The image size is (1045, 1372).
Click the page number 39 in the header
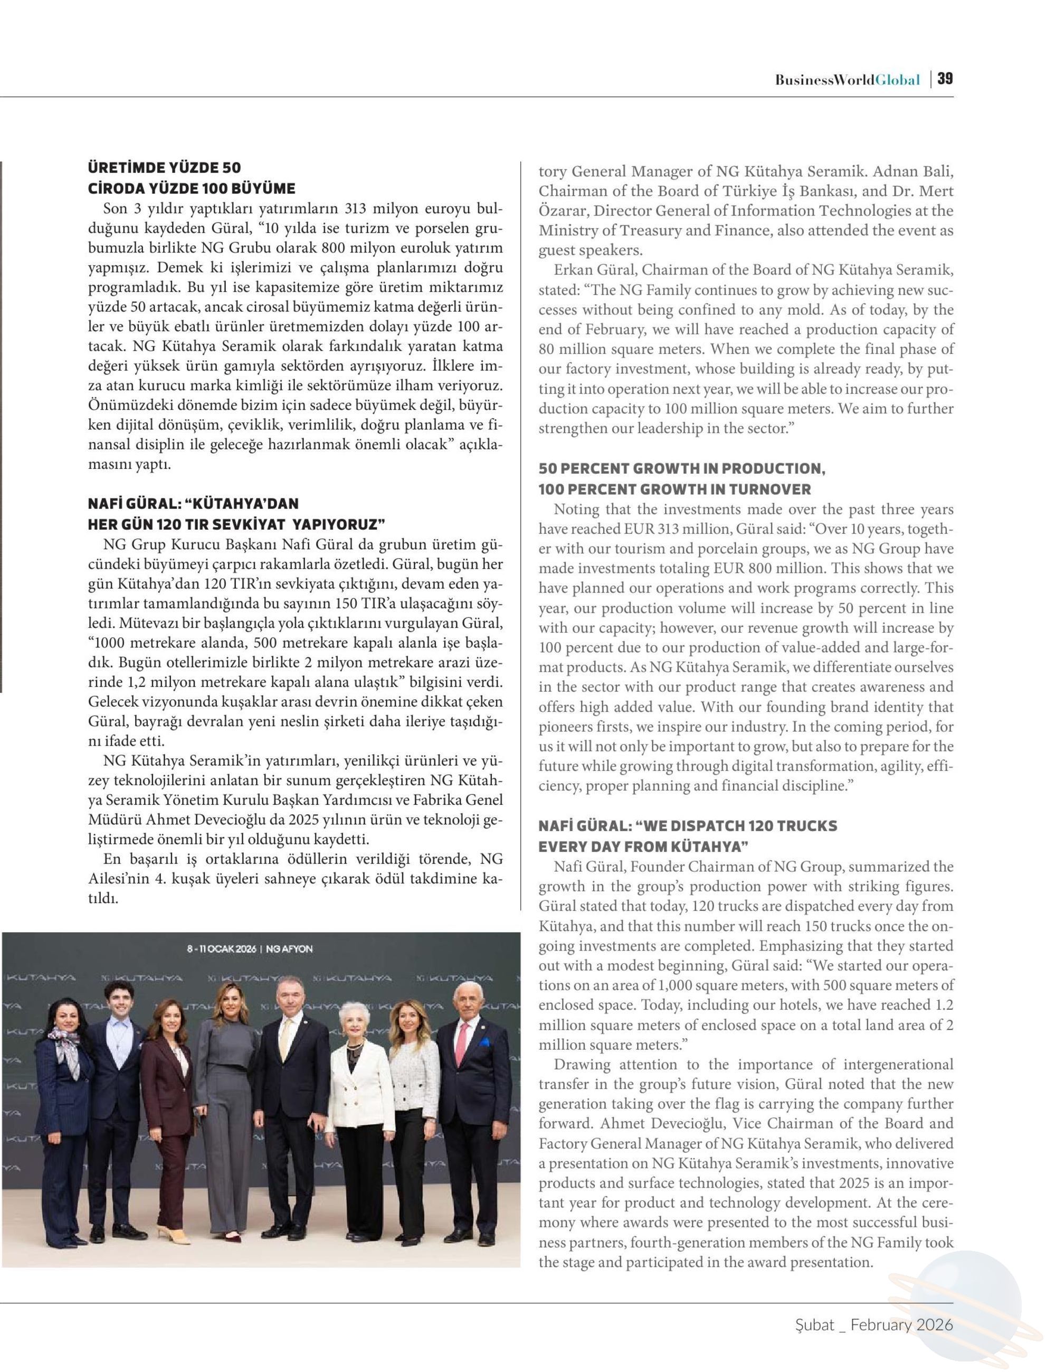pos(945,79)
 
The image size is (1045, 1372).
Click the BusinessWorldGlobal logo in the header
pos(847,80)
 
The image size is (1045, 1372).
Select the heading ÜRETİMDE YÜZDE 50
pos(164,167)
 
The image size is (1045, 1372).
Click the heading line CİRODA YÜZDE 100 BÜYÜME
pos(192,188)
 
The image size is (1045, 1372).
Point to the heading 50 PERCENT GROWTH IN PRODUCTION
pos(682,468)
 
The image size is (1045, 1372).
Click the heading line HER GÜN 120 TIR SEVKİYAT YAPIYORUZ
pos(237,524)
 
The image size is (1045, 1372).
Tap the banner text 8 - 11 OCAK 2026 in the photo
pos(222,949)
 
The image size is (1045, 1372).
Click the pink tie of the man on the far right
pos(461,1043)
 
